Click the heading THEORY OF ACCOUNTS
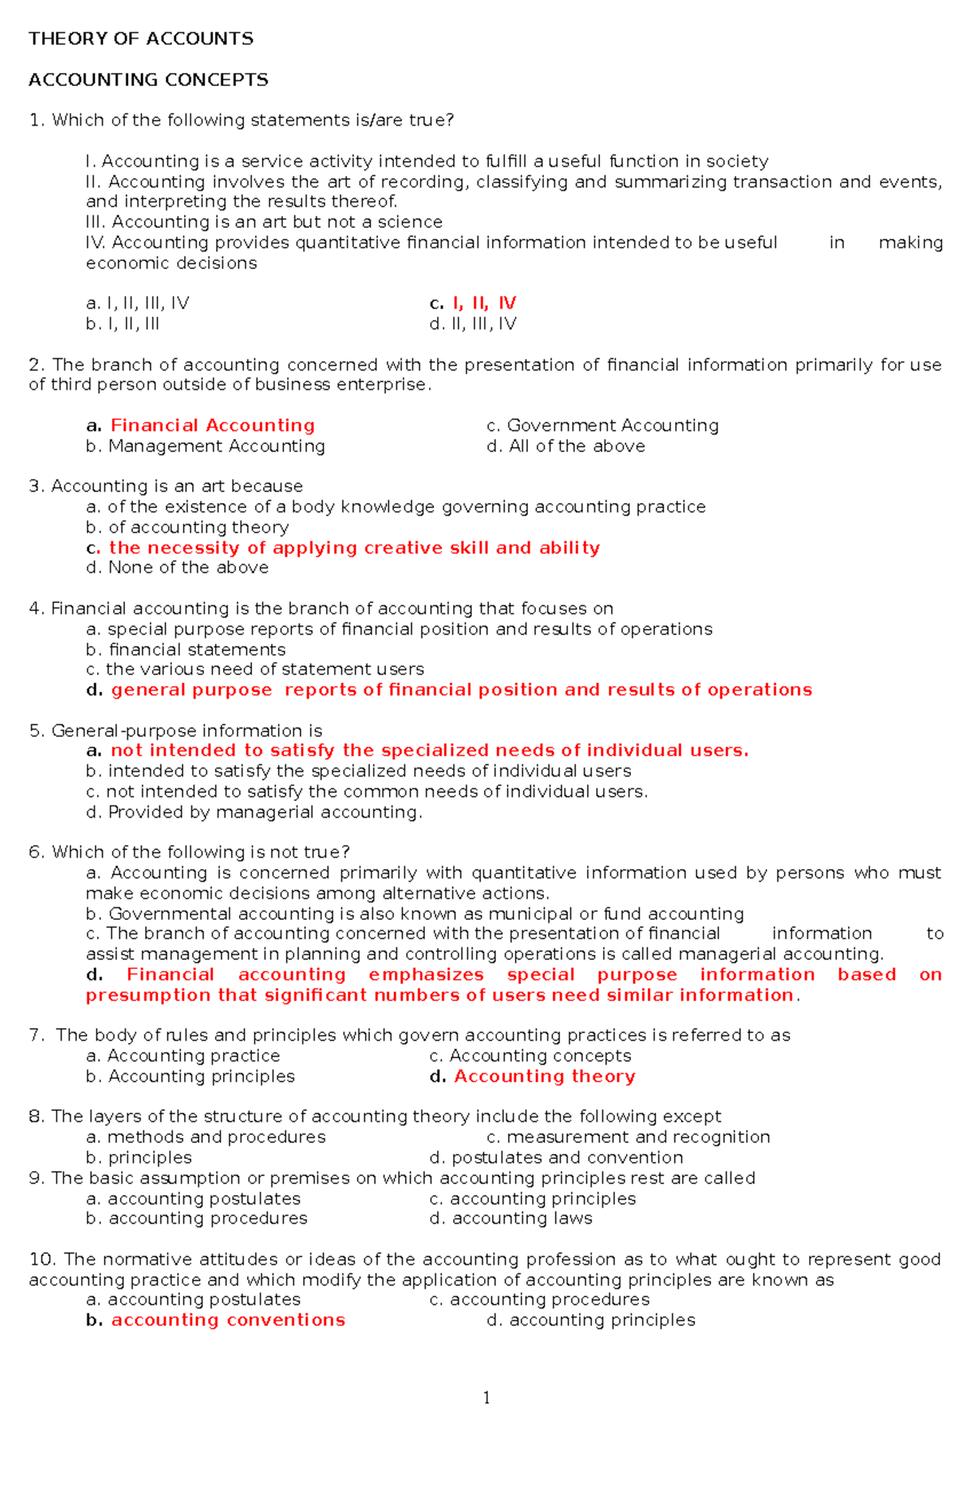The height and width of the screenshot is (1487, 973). click(x=141, y=39)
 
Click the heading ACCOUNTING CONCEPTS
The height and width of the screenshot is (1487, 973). click(x=148, y=79)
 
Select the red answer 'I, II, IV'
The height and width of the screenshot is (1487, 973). click(x=483, y=303)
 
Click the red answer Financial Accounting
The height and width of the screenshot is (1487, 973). click(x=212, y=425)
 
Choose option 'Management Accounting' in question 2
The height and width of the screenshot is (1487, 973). click(x=216, y=446)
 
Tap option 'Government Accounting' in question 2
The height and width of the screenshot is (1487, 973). click(x=612, y=425)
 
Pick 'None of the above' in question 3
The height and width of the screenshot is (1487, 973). click(x=188, y=567)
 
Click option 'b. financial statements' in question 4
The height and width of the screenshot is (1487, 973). click(x=196, y=649)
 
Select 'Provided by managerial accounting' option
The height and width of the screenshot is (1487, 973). click(x=264, y=812)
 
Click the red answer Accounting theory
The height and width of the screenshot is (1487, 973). click(x=544, y=1076)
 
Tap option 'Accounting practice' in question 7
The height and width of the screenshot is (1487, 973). click(x=193, y=1056)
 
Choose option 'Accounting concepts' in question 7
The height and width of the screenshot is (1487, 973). click(x=540, y=1056)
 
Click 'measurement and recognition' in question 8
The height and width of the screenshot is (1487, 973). click(x=638, y=1137)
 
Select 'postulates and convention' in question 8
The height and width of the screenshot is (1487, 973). click(x=567, y=1157)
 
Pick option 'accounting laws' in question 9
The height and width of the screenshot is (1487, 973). click(x=521, y=1219)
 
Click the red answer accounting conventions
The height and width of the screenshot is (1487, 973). click(x=228, y=1320)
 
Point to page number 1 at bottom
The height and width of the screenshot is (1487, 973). click(x=486, y=1398)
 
